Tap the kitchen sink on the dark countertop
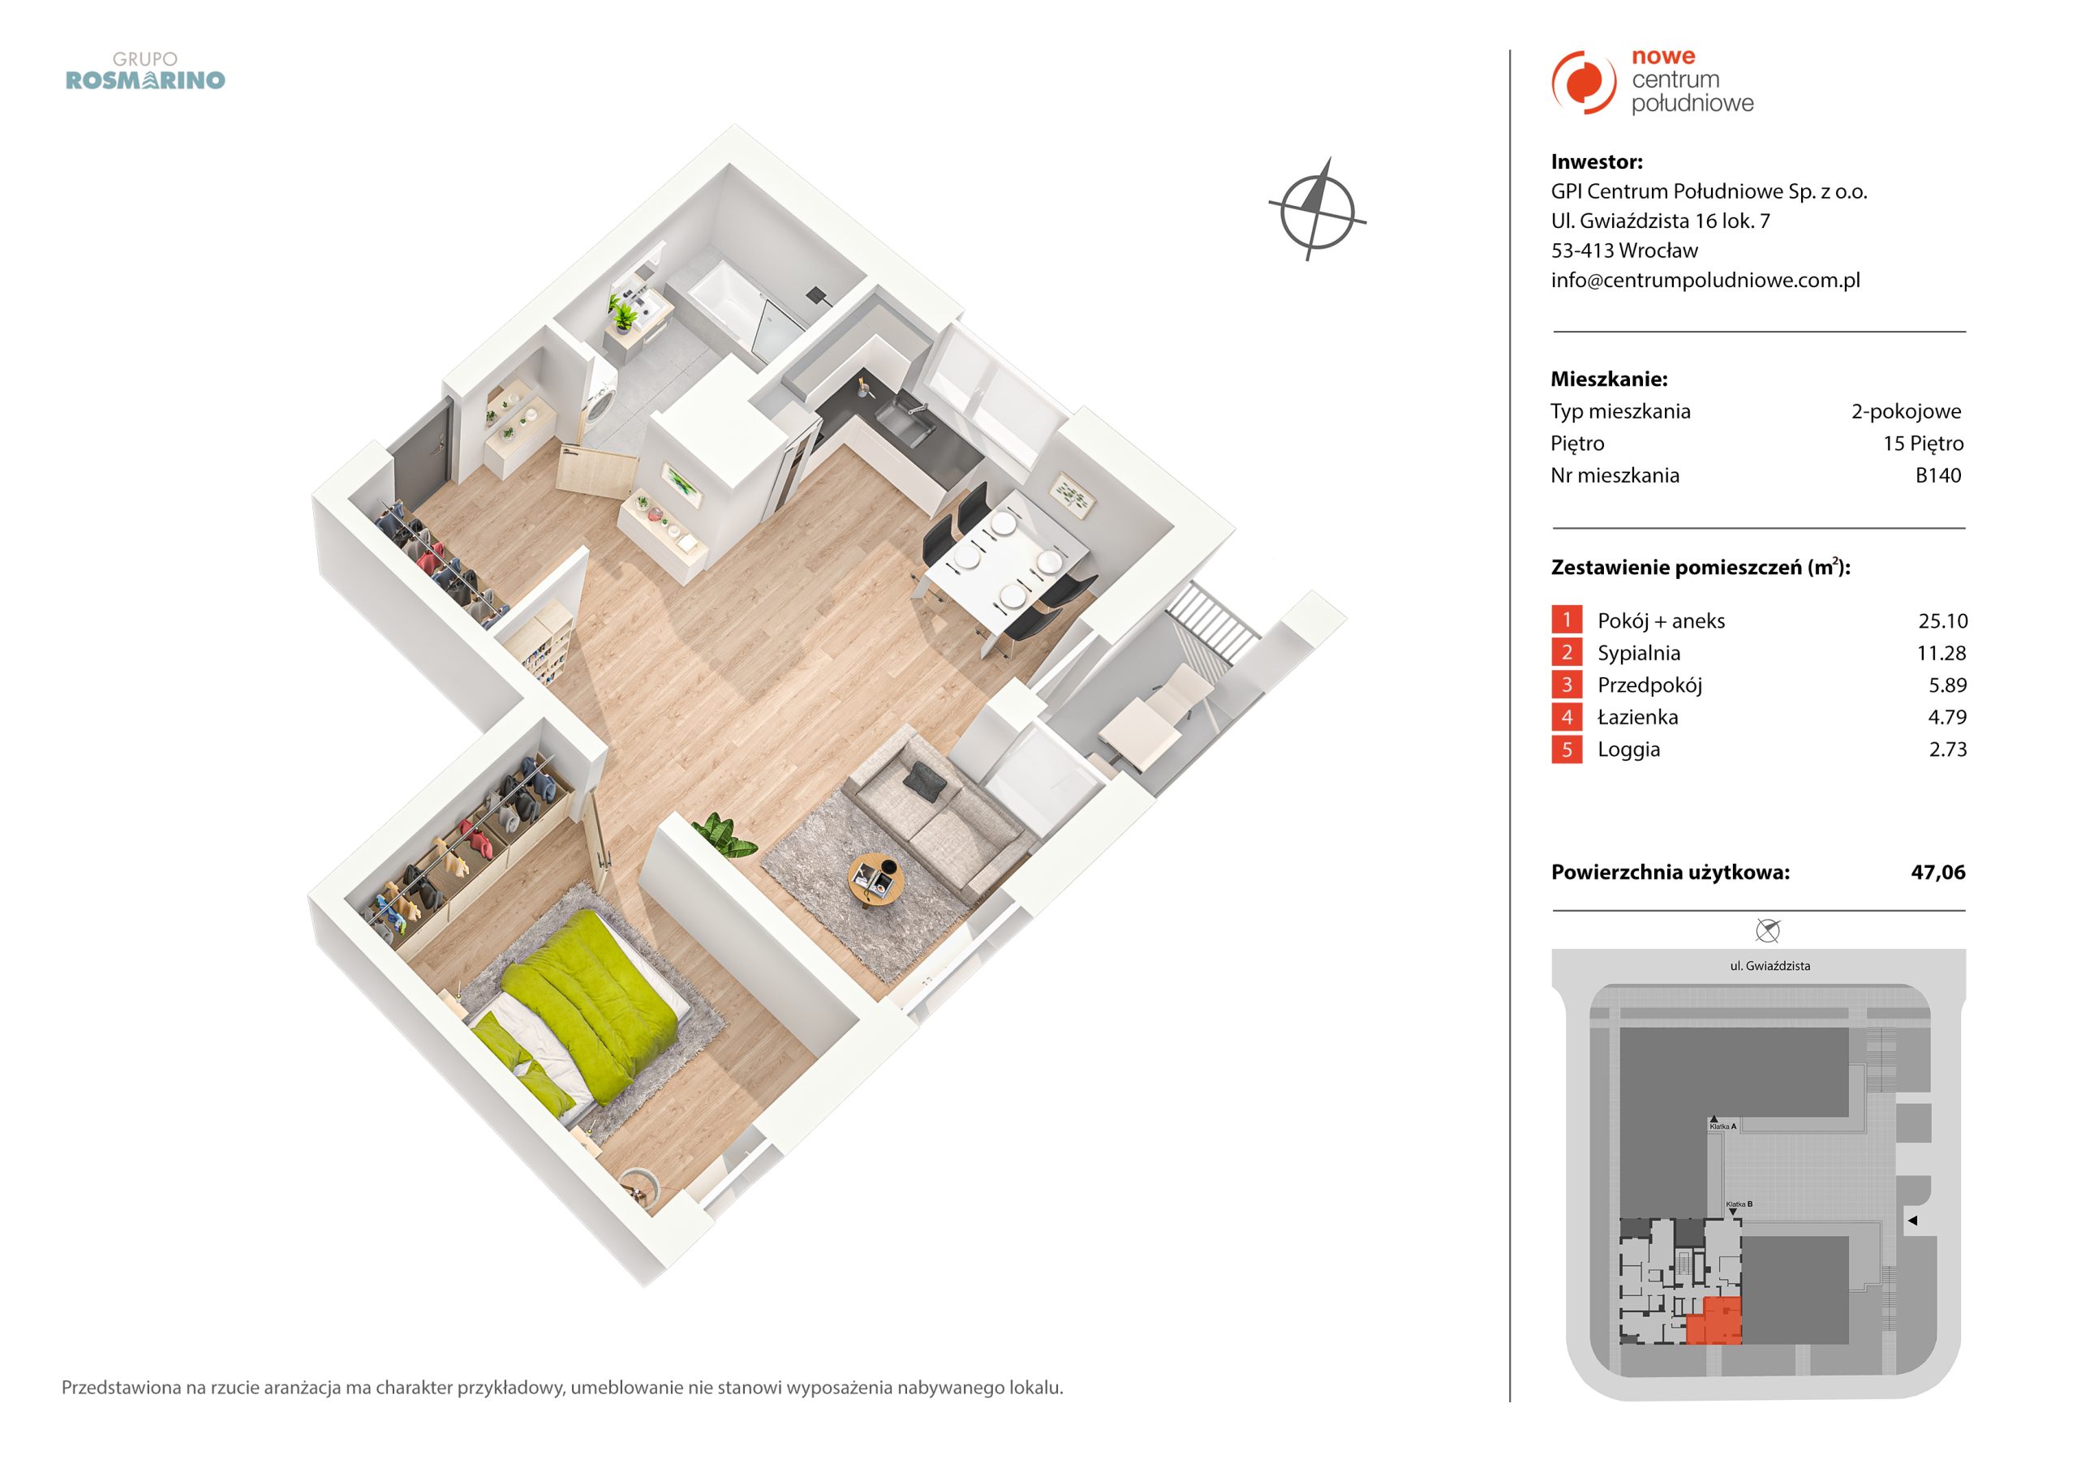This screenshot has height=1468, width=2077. (905, 423)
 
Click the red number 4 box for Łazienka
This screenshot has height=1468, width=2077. (1567, 717)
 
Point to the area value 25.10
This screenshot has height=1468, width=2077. (1942, 621)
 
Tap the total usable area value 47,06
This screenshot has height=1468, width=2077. (1937, 872)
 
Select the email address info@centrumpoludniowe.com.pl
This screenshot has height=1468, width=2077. (1705, 281)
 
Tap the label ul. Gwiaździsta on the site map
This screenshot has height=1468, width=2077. (1770, 966)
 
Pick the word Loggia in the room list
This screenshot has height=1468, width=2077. (1628, 750)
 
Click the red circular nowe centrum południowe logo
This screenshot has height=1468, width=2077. (1584, 82)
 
